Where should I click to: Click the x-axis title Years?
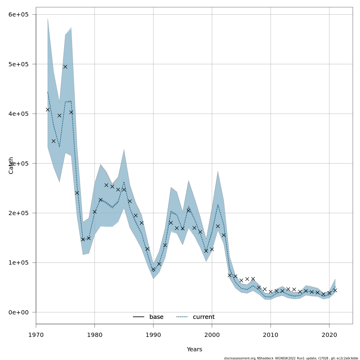click(194, 349)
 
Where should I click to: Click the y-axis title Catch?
click(11, 165)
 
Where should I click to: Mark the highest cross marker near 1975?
click(65, 67)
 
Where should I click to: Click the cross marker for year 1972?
click(48, 109)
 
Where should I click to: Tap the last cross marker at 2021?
click(335, 290)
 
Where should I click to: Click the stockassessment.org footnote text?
click(291, 358)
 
